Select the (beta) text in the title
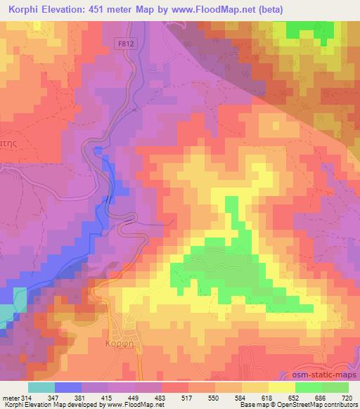294,8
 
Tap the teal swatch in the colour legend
41,387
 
